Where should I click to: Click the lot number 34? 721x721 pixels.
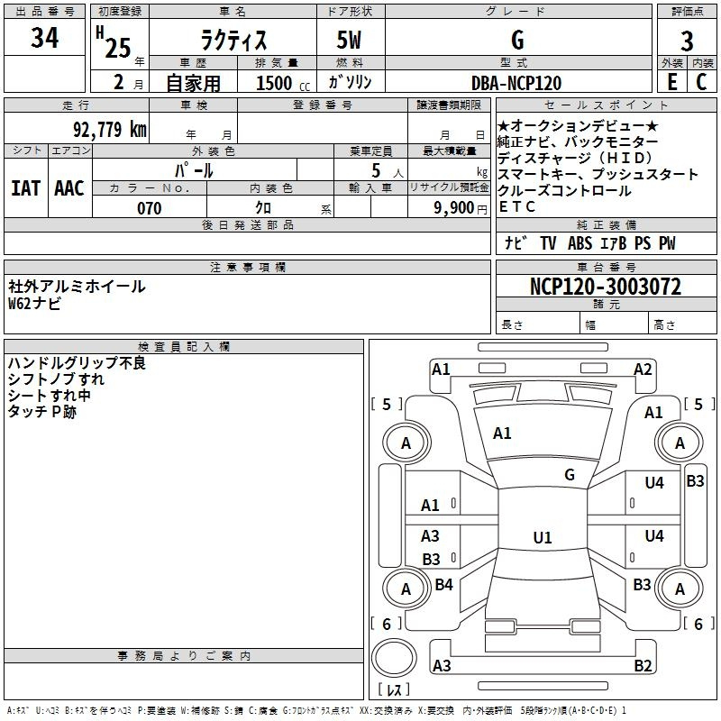[44, 38]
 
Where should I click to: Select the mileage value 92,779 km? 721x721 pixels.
[110, 129]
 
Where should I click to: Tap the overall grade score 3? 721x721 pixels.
[687, 41]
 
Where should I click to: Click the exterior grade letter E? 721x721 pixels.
[672, 82]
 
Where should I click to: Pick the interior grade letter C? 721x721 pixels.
[701, 82]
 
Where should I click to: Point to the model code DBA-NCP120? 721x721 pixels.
[516, 83]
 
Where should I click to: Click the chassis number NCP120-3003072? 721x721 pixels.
[606, 287]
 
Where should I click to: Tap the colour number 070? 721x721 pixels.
[150, 208]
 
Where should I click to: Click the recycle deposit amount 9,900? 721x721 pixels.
[454, 207]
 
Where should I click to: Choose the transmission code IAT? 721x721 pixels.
[26, 188]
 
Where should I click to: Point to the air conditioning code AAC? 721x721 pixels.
[69, 188]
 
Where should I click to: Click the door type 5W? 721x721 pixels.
[349, 40]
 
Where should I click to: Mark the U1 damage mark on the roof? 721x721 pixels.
[543, 537]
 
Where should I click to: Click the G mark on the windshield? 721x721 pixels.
[570, 475]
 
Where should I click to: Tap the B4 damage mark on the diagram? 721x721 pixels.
[443, 584]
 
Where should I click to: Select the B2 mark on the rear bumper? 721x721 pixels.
[643, 665]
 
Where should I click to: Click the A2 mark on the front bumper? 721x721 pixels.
[643, 370]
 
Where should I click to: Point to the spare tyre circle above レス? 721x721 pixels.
[394, 658]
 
